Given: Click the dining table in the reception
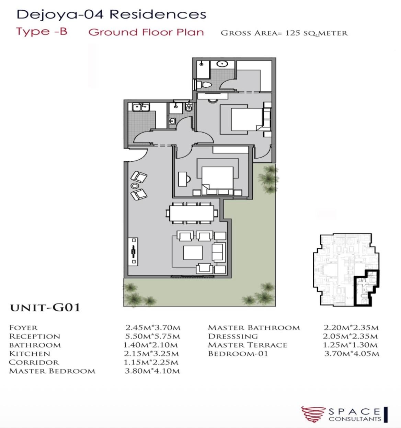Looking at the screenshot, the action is tap(192, 213).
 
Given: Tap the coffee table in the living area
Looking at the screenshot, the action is tap(193, 253).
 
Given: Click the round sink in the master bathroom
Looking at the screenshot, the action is tap(222, 64).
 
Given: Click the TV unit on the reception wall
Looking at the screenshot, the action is tap(133, 252).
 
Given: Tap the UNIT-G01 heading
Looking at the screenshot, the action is tap(45, 308).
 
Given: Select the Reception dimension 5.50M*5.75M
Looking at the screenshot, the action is tap(152, 336).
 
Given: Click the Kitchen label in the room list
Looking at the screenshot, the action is tap(30, 354).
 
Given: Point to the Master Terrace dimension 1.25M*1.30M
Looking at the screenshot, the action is tap(350, 345).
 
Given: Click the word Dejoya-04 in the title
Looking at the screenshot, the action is tap(60, 15).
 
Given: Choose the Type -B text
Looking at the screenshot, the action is tap(42, 32).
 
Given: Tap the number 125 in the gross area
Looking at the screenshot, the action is tap(291, 33).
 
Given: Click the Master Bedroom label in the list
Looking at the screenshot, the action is tap(52, 371).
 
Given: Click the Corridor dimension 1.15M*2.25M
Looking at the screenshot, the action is tap(151, 363).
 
